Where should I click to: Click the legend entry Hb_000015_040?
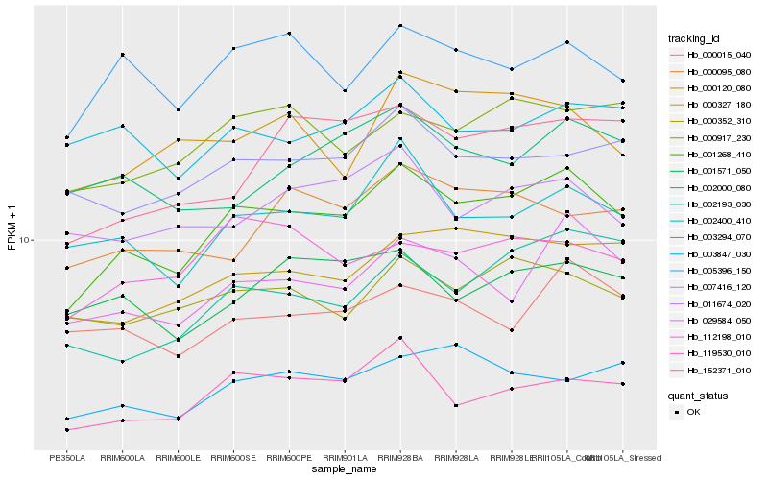[x=718, y=55]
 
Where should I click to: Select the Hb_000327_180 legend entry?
[x=718, y=105]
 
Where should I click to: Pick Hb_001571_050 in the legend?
[x=718, y=171]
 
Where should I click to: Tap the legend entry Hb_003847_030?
[x=718, y=253]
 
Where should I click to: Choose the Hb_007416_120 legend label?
[x=718, y=287]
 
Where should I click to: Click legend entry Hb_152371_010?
[x=718, y=370]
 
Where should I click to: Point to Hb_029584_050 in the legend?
[x=718, y=320]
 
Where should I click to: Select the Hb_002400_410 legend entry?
[x=718, y=221]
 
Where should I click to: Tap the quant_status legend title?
[x=698, y=395]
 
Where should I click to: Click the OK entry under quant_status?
[x=693, y=411]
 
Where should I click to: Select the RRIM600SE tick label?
[x=232, y=458]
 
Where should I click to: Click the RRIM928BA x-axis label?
[x=400, y=458]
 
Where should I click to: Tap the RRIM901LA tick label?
[x=345, y=458]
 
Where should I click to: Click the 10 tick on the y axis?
[x=26, y=240]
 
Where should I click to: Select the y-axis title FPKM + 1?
[x=12, y=228]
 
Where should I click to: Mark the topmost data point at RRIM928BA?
[x=400, y=25]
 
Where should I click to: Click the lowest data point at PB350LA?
[x=67, y=430]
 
